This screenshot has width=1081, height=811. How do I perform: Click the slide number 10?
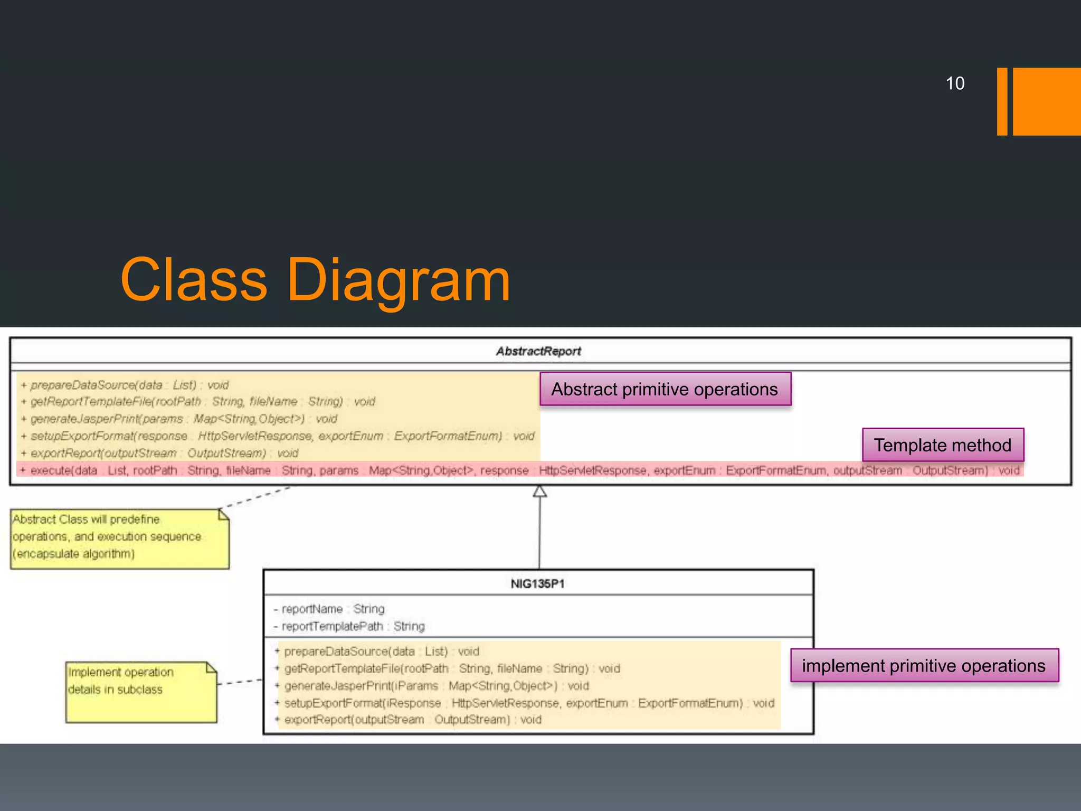[x=955, y=83]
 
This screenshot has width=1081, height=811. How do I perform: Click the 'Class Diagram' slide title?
[x=315, y=280]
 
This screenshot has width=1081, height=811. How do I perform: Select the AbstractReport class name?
[x=538, y=351]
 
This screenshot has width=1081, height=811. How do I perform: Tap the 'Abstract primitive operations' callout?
[x=665, y=389]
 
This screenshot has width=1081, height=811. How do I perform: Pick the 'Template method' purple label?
[x=943, y=445]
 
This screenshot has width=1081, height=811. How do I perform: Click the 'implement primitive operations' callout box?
[x=924, y=666]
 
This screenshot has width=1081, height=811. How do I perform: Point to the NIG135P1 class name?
[x=538, y=583]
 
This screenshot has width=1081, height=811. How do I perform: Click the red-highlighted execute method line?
[x=520, y=470]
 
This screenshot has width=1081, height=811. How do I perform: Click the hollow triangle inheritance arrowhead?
[x=539, y=492]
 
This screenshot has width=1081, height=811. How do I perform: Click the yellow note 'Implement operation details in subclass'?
[x=141, y=692]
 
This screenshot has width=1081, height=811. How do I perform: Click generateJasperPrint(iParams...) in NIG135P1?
[x=436, y=685]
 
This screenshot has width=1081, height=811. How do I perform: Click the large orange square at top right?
[x=1047, y=101]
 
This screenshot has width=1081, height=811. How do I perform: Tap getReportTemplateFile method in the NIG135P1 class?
[x=452, y=668]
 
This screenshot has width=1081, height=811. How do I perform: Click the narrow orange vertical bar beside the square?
[x=1002, y=101]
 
